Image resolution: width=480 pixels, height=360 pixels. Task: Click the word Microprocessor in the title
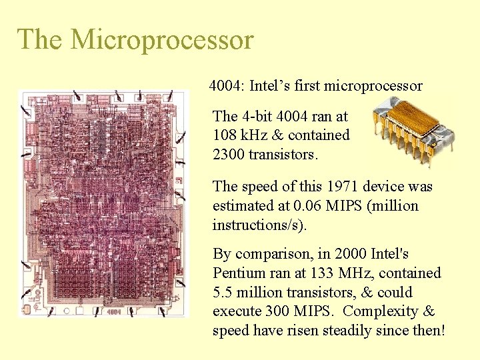click(x=162, y=39)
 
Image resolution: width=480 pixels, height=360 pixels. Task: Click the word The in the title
click(x=40, y=39)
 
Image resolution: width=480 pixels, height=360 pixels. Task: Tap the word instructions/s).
click(x=259, y=225)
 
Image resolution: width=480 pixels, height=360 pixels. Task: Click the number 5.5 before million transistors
click(x=223, y=293)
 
